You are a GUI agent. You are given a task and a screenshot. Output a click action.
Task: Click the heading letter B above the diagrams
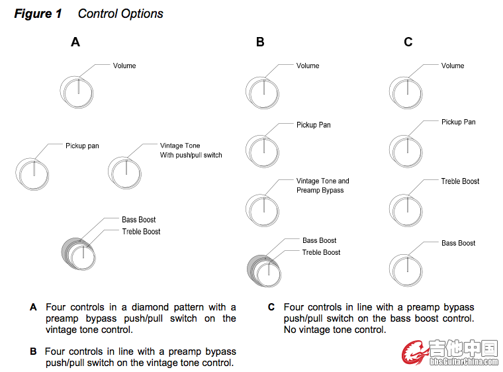(260, 42)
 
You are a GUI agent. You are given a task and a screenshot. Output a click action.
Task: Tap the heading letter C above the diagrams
(408, 42)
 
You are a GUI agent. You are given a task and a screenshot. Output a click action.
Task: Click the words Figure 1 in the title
(38, 13)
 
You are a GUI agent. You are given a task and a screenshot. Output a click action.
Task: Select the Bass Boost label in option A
(138, 220)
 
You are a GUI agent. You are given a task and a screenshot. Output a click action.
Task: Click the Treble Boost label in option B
(321, 253)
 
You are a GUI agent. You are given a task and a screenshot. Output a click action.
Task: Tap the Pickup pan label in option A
(82, 146)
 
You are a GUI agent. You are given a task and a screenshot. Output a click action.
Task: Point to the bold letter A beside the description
(33, 308)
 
